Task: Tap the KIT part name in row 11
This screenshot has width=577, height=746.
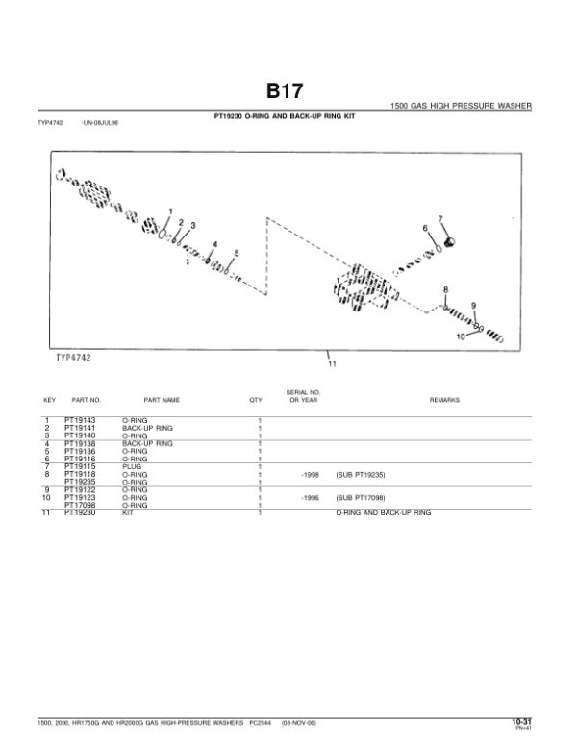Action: (x=127, y=514)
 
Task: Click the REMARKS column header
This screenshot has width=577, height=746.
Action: (x=444, y=399)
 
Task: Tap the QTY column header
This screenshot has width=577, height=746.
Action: (x=256, y=399)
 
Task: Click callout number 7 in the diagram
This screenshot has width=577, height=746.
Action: (x=440, y=219)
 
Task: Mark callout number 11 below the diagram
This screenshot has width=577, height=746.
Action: (x=332, y=363)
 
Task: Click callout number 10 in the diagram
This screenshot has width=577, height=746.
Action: (x=460, y=337)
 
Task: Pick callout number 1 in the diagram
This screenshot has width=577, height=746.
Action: (x=170, y=211)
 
